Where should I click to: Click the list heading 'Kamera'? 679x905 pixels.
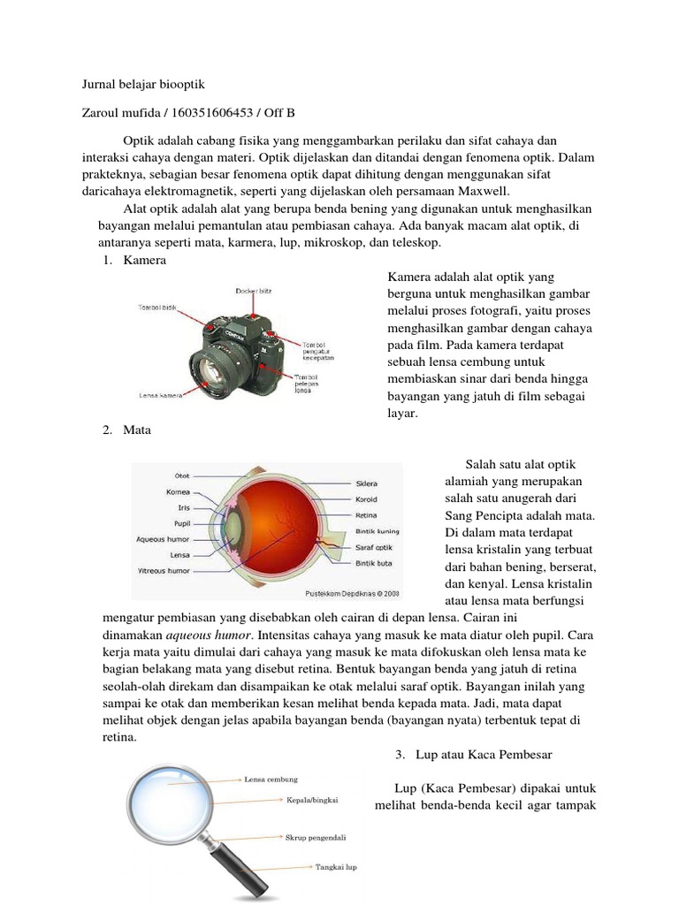(x=144, y=261)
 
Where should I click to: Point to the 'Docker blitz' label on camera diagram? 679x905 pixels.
(x=252, y=290)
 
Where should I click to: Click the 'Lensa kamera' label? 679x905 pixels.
(x=160, y=395)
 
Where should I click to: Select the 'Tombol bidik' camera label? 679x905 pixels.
(x=157, y=308)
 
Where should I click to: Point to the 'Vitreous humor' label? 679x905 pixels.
(x=164, y=571)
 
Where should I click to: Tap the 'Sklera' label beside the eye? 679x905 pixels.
(x=366, y=483)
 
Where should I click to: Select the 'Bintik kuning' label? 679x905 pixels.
(x=377, y=531)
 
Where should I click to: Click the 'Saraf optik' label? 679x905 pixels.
(x=373, y=547)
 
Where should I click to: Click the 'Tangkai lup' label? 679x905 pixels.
(x=336, y=867)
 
